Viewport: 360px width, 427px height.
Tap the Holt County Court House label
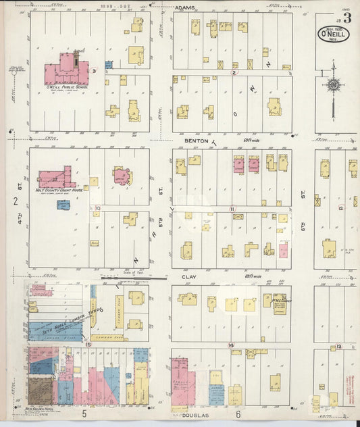[x=53, y=191]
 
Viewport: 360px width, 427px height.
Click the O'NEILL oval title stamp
[x=334, y=33]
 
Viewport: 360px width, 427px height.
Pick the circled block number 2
[x=234, y=72]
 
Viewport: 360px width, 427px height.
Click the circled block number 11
[x=232, y=209]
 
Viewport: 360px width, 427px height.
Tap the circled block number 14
[x=231, y=345]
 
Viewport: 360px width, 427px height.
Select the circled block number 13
[x=339, y=346]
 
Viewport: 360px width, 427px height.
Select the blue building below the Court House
[x=63, y=204]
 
